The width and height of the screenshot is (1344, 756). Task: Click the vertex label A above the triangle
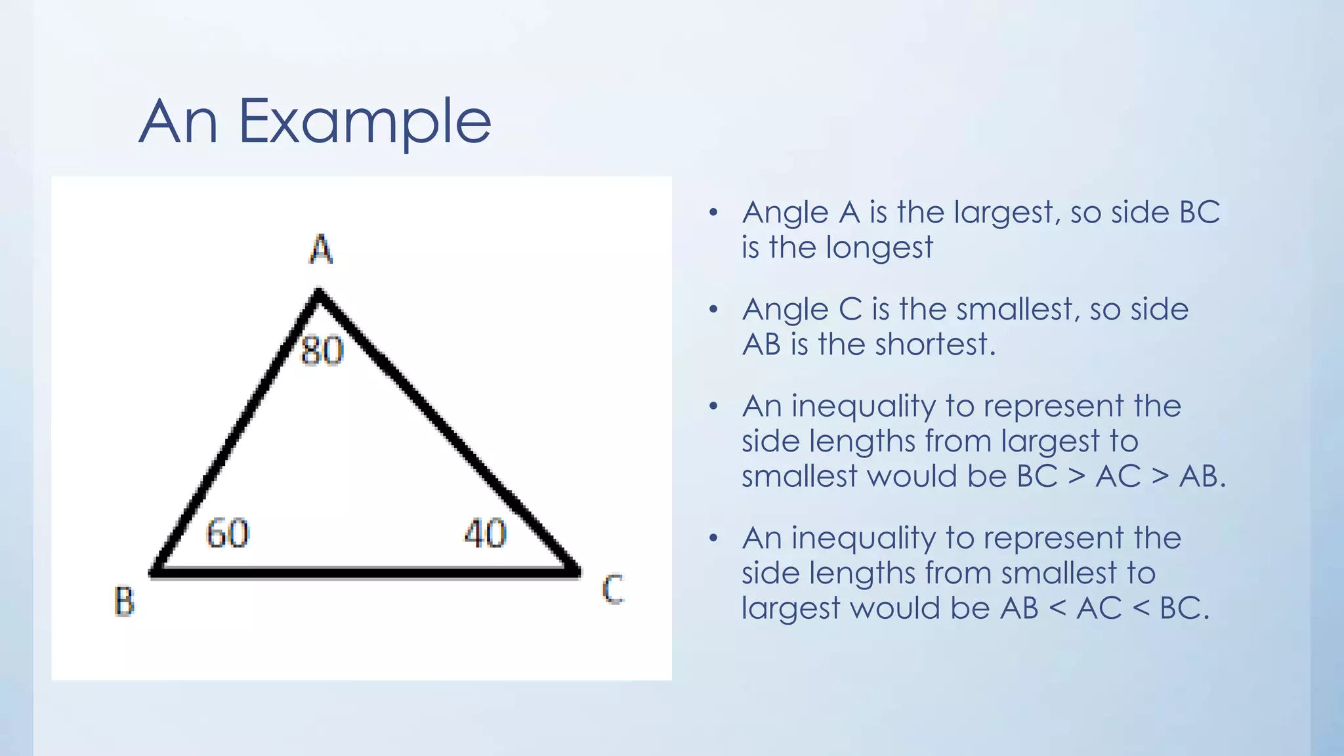click(321, 249)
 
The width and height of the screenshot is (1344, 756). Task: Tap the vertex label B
click(125, 600)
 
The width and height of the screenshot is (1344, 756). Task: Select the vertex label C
click(613, 589)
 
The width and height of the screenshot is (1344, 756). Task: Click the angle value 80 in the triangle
click(322, 350)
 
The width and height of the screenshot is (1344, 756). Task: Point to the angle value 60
click(228, 533)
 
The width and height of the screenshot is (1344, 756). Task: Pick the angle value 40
click(486, 533)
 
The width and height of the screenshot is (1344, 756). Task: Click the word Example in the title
click(364, 121)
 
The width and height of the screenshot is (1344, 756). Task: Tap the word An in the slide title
click(178, 121)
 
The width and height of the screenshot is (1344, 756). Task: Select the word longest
click(879, 248)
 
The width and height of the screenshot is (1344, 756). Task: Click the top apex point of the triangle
click(319, 293)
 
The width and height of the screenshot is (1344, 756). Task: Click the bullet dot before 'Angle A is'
click(713, 213)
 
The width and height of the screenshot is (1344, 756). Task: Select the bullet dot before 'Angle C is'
click(713, 309)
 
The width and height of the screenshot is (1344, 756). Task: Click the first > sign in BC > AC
click(1076, 476)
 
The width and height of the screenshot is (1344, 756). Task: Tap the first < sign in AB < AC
click(1057, 608)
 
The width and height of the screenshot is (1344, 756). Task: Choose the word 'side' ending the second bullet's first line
click(1159, 309)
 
